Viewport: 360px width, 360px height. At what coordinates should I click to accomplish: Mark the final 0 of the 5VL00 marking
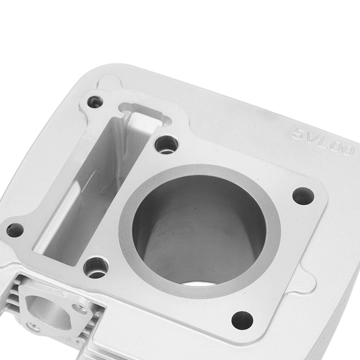click(347, 151)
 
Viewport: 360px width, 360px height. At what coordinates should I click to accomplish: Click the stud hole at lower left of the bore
click(96, 268)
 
